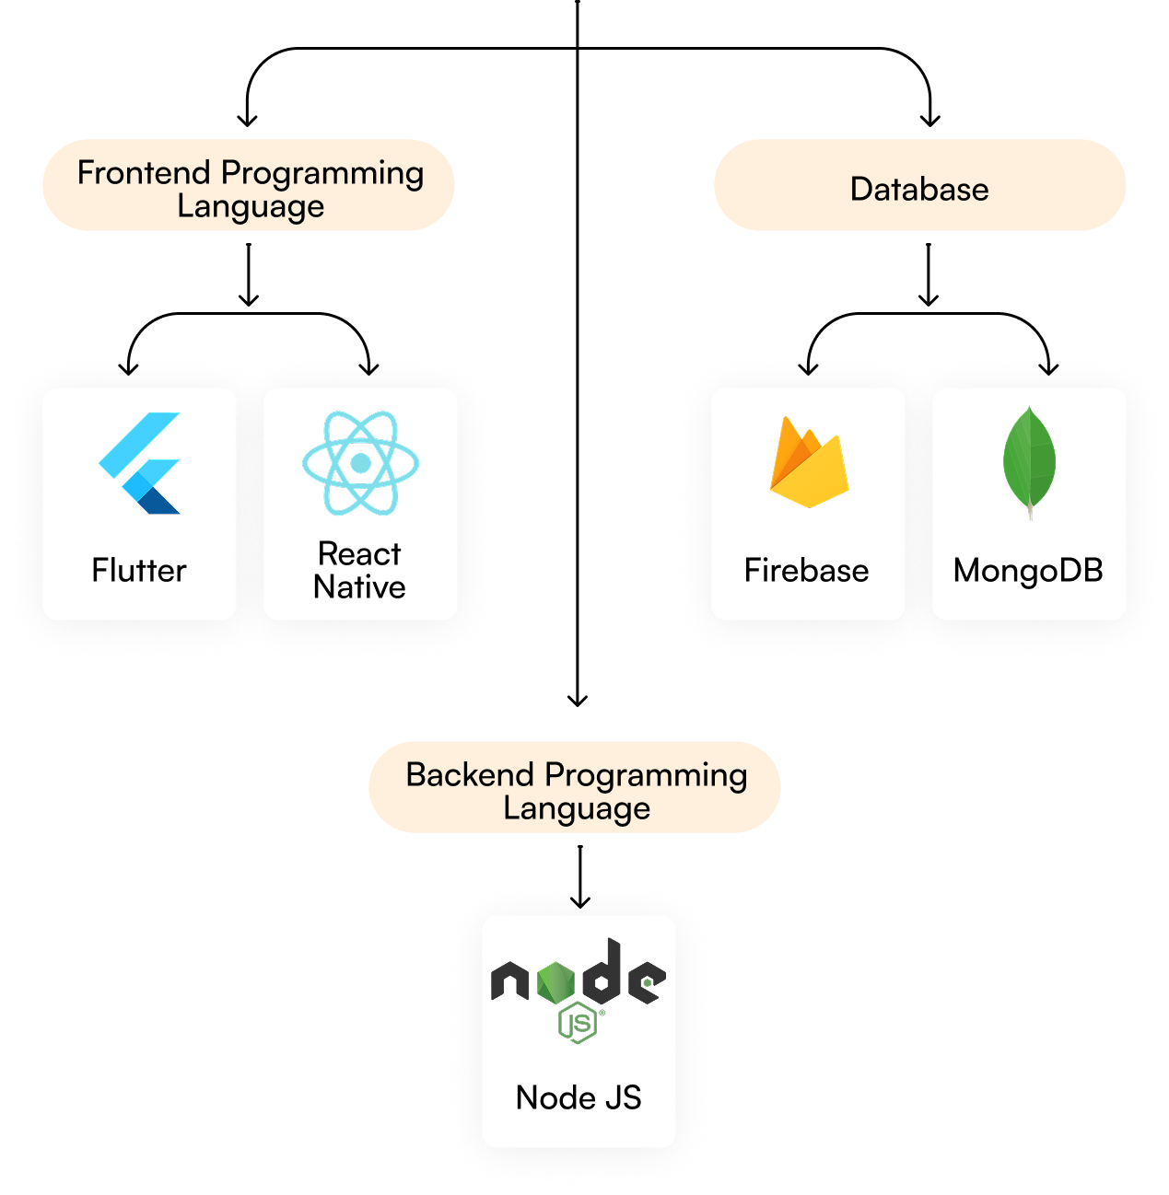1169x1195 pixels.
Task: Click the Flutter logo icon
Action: tap(139, 463)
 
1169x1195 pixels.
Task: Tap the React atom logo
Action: tap(360, 463)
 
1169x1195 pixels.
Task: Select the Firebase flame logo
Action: tap(809, 462)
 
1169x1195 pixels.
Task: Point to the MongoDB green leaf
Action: tap(1029, 463)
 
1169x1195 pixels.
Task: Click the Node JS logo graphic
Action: tap(578, 990)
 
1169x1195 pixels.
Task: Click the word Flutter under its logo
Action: tap(139, 570)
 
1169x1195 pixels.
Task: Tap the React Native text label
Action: tap(360, 570)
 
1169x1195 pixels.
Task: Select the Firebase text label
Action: tap(807, 570)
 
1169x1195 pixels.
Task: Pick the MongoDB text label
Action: tap(1028, 571)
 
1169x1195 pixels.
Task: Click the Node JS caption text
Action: tap(579, 1097)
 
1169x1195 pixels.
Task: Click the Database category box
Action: tap(919, 185)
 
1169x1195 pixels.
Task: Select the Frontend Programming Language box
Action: tap(248, 185)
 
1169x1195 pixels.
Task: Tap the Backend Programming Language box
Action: tap(574, 786)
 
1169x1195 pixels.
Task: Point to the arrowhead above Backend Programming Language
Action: tap(578, 702)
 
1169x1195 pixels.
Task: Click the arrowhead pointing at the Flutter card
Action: tap(128, 368)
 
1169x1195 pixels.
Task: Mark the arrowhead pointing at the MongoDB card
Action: tap(1048, 368)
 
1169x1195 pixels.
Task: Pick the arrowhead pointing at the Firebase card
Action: tap(808, 368)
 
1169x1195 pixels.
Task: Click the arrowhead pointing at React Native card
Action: tap(368, 368)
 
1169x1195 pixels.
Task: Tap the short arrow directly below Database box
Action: tap(929, 274)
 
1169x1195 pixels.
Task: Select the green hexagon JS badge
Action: tap(578, 1023)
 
